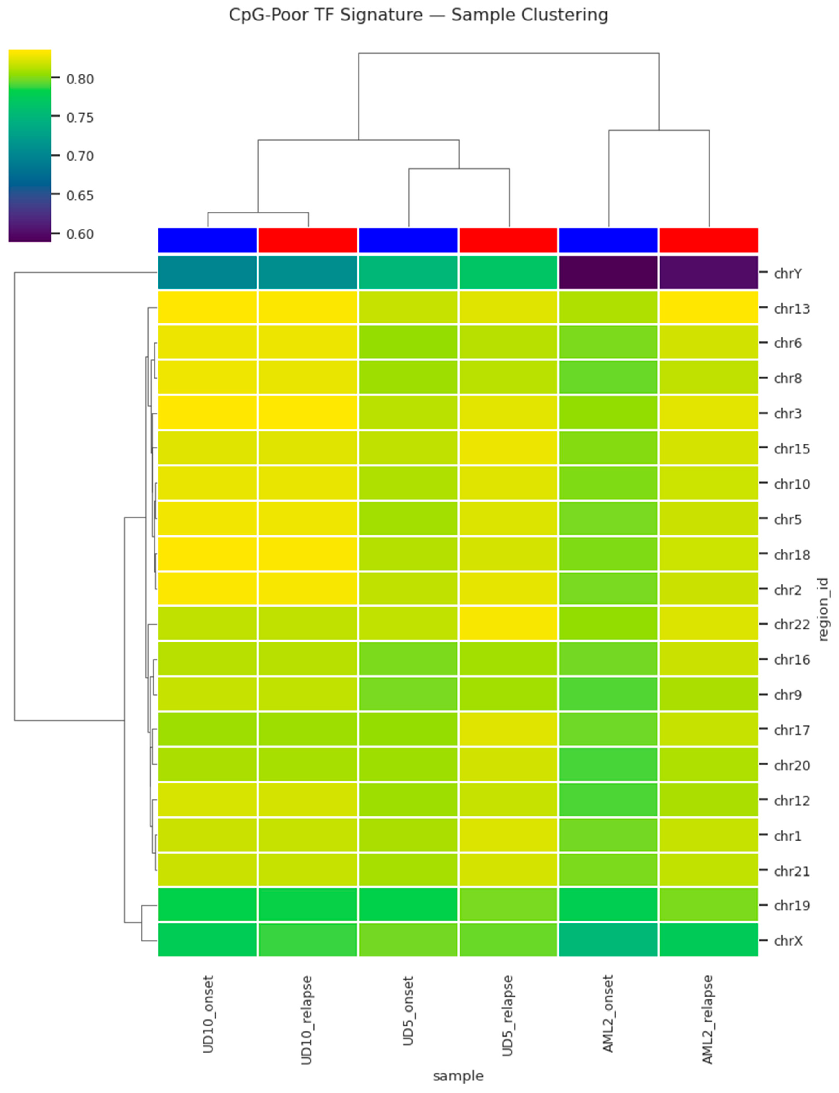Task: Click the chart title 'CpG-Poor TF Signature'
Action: click(419, 15)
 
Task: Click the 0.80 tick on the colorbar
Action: click(80, 79)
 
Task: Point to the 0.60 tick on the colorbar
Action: click(80, 234)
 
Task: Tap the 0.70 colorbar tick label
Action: click(80, 156)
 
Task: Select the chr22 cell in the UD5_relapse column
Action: click(508, 623)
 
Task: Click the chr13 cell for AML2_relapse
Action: click(708, 308)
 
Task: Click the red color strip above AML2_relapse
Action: click(708, 240)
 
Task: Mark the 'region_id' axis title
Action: click(823, 609)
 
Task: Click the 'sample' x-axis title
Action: click(458, 1075)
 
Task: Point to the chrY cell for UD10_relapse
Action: click(308, 273)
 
